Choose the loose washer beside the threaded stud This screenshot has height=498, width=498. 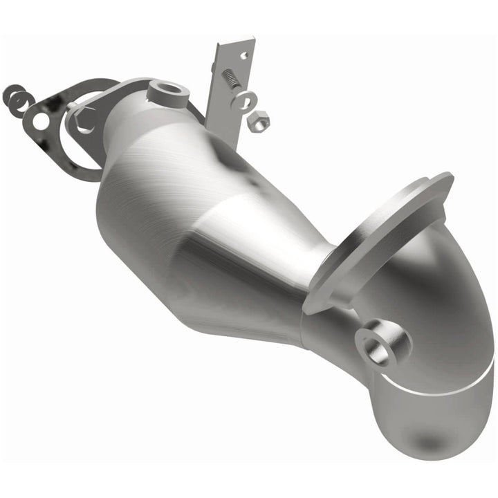coord(244,100)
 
